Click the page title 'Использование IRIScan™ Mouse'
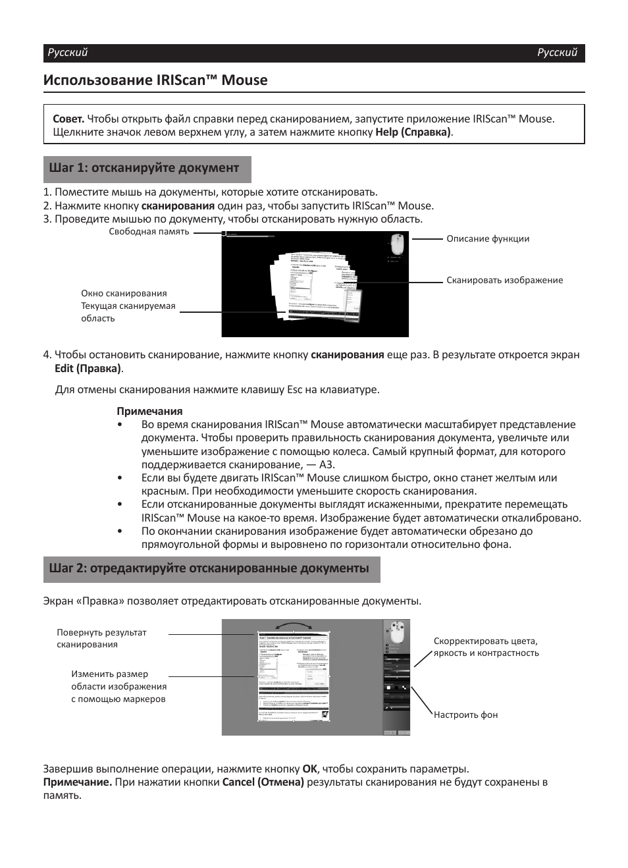[x=155, y=80]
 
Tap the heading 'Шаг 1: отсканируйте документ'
[x=144, y=168]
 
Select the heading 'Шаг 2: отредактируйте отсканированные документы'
[x=209, y=568]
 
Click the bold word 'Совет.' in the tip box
[x=68, y=119]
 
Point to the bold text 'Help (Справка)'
[x=413, y=132]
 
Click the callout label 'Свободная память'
[x=149, y=232]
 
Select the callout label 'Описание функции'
[x=488, y=238]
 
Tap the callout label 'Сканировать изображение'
[x=505, y=280]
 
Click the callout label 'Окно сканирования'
[x=124, y=293]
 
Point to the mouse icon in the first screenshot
[x=398, y=244]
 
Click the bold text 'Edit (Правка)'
[x=88, y=368]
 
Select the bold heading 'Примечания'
[x=149, y=411]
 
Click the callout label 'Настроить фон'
[x=465, y=715]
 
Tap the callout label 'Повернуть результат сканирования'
[x=101, y=638]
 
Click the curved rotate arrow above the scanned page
[x=293, y=626]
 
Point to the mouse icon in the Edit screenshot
[x=397, y=632]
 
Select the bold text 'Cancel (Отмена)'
[x=263, y=782]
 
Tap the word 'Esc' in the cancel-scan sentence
[x=295, y=389]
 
